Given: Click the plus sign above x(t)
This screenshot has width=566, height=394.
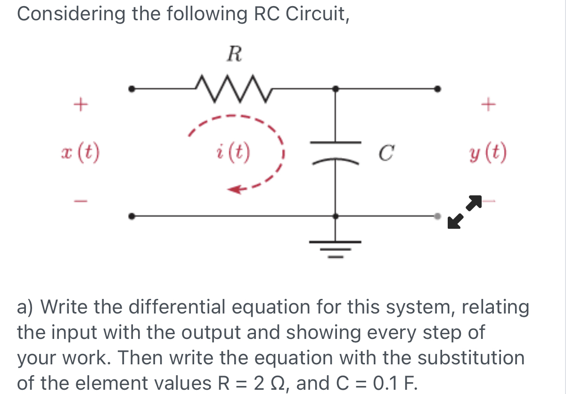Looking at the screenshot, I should [81, 103].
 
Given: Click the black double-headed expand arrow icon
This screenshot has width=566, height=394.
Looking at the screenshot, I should [465, 211].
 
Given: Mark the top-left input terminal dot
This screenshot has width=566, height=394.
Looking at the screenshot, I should [133, 88].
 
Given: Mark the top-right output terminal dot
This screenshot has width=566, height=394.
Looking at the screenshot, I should [438, 88].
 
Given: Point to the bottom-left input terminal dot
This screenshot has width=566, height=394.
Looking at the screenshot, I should [133, 216].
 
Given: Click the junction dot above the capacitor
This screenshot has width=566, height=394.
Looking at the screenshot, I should [335, 88].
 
